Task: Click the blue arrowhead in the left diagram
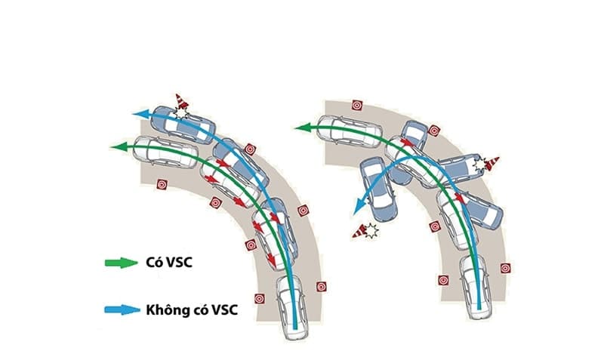pos(139,114)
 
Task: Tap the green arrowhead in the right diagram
pos(300,128)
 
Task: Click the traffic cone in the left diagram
pos(180,103)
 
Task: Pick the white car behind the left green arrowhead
pos(165,152)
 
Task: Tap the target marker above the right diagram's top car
pos(358,105)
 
